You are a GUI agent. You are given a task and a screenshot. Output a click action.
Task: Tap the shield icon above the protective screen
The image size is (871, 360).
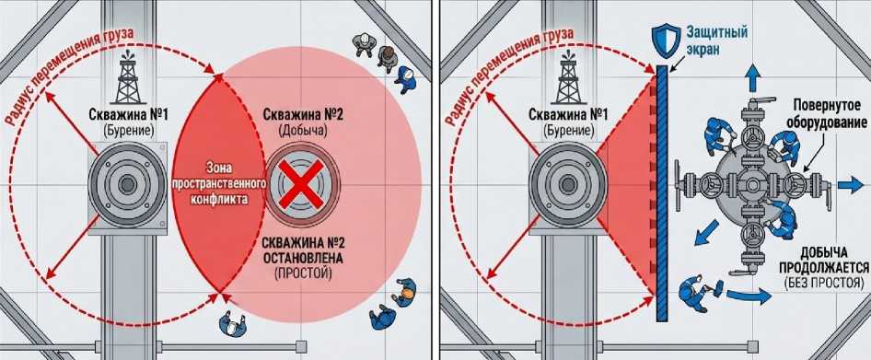664,40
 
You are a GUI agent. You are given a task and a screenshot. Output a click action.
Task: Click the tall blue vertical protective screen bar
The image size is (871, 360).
662,192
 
